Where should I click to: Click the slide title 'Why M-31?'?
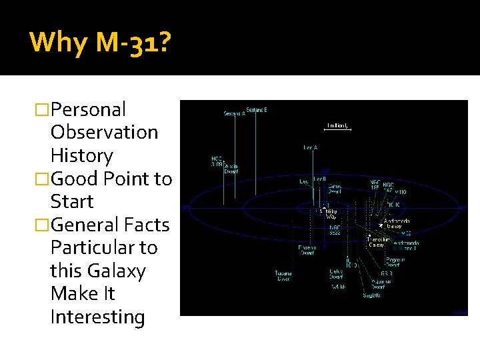(100, 43)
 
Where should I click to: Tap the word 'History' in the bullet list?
(81, 155)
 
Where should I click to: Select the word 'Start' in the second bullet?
(71, 201)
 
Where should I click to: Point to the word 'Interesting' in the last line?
(97, 317)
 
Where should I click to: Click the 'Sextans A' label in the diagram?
(235, 113)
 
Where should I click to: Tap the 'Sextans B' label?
(257, 109)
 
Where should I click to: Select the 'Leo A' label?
(311, 147)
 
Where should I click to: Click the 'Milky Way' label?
(331, 213)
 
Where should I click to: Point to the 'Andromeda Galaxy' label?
(397, 223)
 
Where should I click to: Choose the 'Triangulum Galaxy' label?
(381, 242)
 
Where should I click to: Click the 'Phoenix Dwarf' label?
(307, 250)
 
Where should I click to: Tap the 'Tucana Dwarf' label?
(283, 275)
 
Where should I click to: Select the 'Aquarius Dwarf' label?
(381, 283)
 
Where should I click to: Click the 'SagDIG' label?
(371, 295)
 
